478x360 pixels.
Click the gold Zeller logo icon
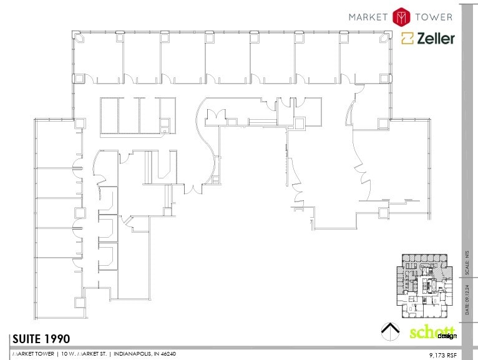[408, 39]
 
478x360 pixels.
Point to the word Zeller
[436, 39]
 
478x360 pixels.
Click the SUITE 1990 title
[41, 339]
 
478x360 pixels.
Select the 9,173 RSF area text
[443, 354]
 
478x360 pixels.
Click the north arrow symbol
[389, 331]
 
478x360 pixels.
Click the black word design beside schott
[447, 336]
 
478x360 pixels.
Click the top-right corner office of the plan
[366, 58]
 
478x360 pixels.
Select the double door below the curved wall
[193, 188]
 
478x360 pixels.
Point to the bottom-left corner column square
[80, 303]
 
